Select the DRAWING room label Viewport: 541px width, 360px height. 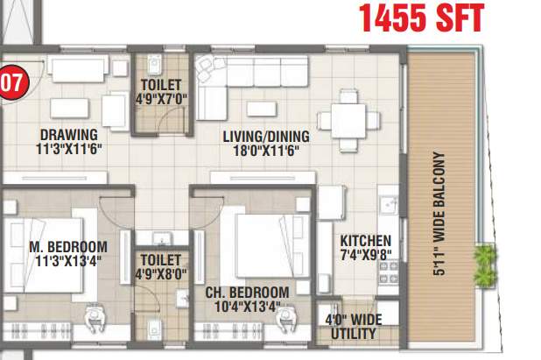point(67,135)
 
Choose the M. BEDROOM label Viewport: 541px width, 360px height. point(67,246)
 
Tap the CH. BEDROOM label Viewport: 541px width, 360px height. point(248,292)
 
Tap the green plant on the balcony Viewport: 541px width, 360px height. point(483,265)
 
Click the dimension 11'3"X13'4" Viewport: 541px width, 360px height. point(67,260)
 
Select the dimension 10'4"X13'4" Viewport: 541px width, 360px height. point(248,306)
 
